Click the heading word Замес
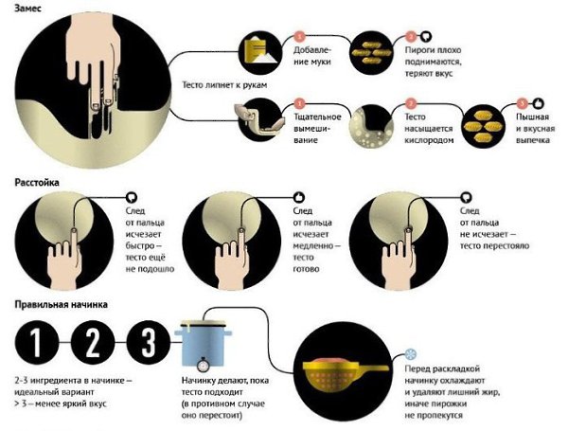(x=27, y=8)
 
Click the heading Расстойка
(x=37, y=182)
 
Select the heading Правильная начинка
(x=61, y=304)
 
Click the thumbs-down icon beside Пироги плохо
(x=426, y=36)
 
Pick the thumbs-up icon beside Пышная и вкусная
(x=539, y=103)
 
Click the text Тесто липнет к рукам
(x=224, y=85)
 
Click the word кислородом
(x=429, y=140)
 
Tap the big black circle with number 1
(x=37, y=342)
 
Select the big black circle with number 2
(x=93, y=342)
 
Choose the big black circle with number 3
(x=149, y=342)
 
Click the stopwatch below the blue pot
(x=204, y=364)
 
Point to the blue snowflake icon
(x=411, y=354)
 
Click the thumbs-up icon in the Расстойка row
(x=299, y=198)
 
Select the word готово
(x=306, y=269)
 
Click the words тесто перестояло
(x=494, y=245)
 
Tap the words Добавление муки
(x=312, y=56)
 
